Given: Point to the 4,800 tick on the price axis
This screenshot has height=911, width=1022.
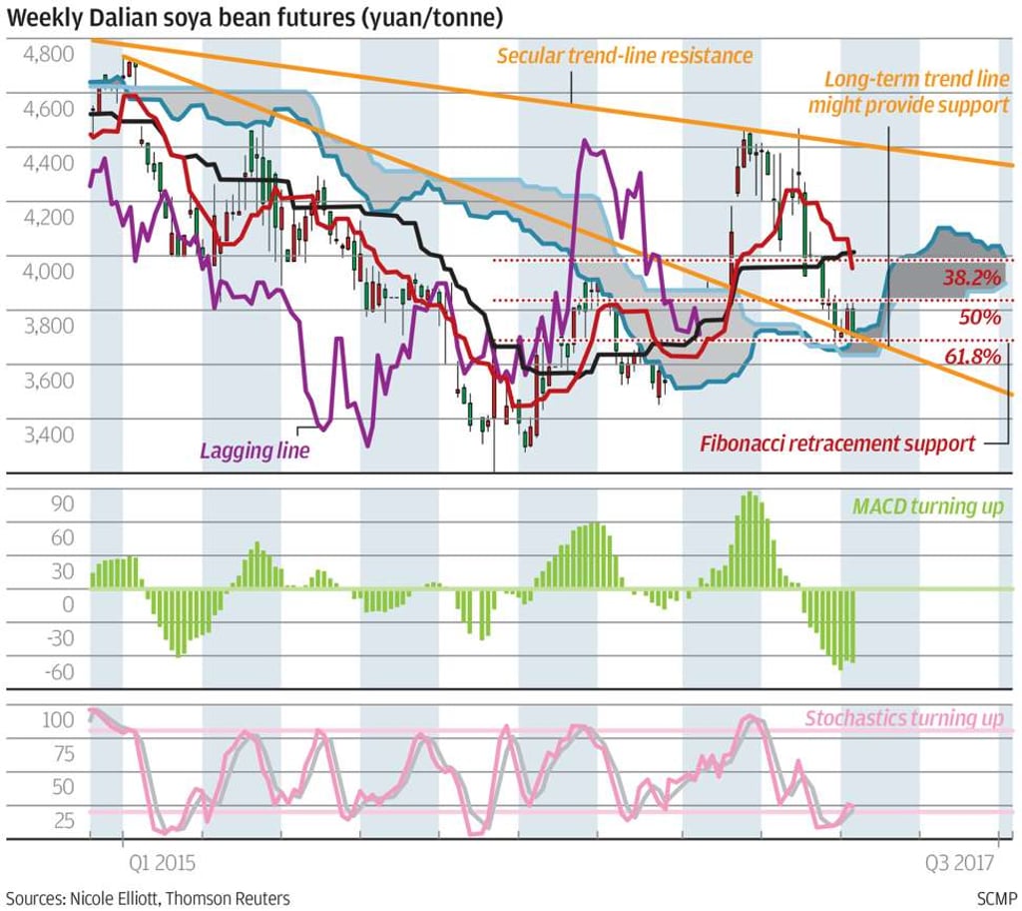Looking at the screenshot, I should (47, 54).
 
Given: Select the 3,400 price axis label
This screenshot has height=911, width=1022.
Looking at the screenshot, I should (47, 435).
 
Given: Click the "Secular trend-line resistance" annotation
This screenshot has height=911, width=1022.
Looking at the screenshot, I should (625, 55).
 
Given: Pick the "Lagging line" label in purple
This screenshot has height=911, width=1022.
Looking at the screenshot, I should (255, 451).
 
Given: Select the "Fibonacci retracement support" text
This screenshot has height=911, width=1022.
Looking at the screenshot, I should (837, 444).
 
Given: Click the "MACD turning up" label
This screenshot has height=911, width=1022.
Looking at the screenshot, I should (928, 506).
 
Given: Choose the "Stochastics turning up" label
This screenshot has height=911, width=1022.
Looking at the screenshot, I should (903, 718).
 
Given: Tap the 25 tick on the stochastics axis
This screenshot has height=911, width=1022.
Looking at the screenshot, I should (62, 822).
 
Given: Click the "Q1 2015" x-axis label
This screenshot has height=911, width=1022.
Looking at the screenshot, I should (161, 860).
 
